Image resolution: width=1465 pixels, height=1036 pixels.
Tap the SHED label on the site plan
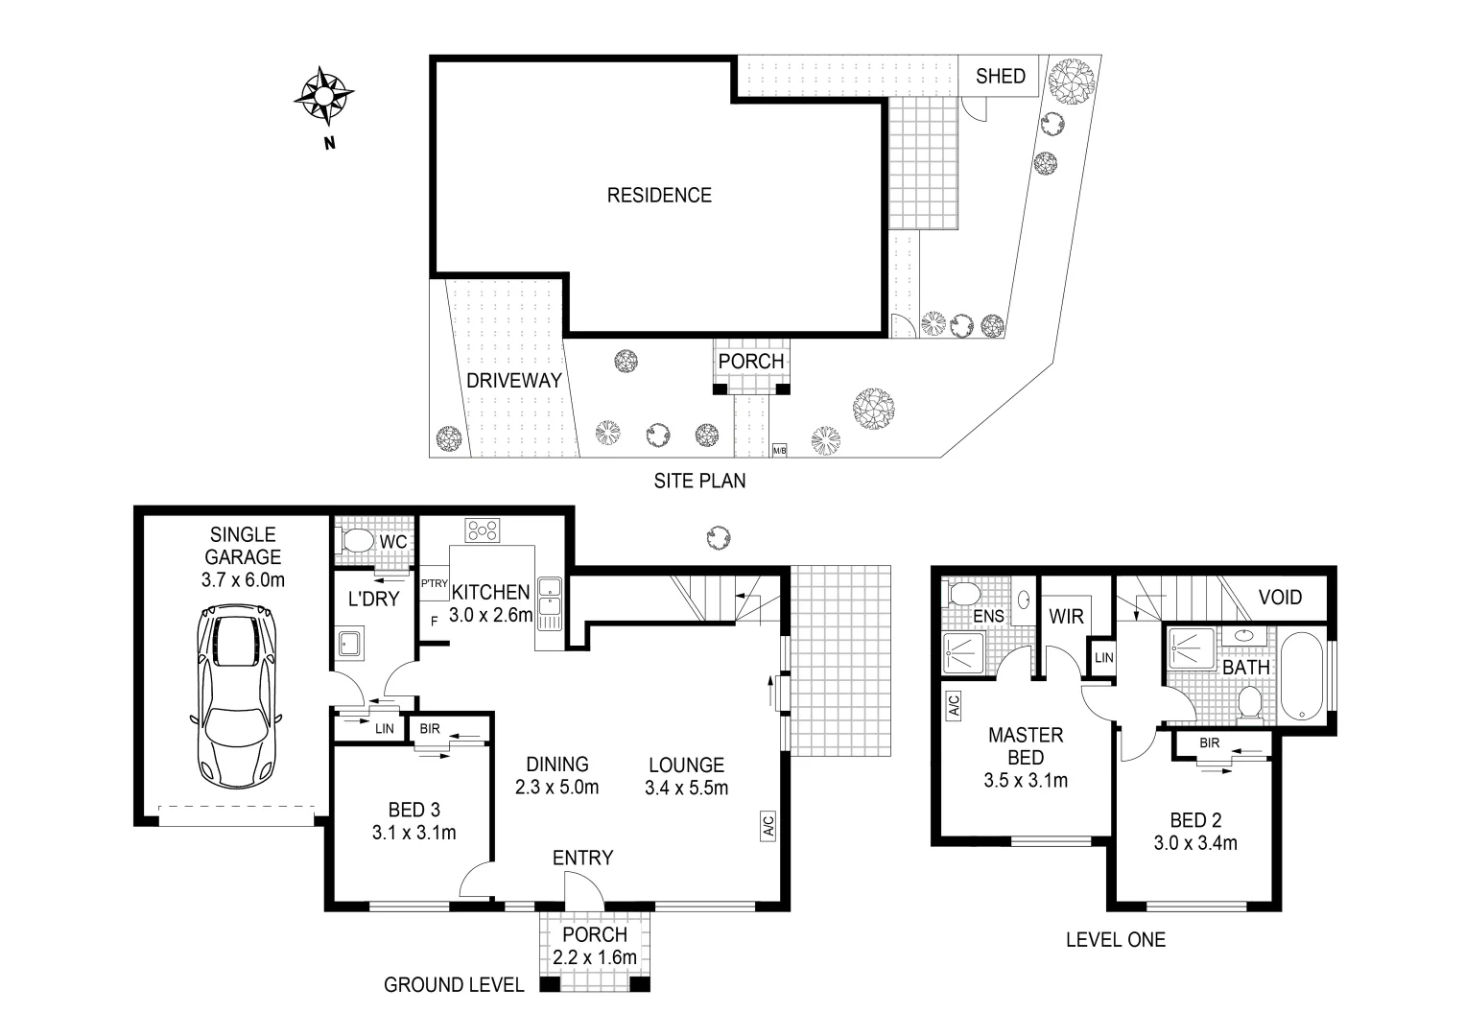(1000, 77)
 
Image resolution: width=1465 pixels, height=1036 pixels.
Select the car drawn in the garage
(236, 695)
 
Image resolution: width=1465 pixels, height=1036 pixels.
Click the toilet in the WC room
(356, 542)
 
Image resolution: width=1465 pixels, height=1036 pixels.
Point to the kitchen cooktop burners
(482, 530)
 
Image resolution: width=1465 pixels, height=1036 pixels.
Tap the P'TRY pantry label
(435, 583)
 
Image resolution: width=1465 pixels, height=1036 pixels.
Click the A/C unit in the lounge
(768, 827)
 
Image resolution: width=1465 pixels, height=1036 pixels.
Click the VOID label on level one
(1280, 598)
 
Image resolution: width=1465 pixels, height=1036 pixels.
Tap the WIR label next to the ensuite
(1066, 615)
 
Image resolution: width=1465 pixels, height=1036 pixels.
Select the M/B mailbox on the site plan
(779, 450)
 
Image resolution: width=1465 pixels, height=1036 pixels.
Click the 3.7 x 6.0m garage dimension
(243, 579)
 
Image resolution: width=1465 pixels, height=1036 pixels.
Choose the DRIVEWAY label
(513, 381)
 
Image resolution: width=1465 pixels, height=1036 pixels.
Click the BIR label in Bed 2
(1209, 742)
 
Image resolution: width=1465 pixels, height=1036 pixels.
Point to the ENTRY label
(582, 858)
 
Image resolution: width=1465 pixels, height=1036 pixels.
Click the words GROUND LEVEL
(454, 984)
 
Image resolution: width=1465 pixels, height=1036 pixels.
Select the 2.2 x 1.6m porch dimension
(595, 957)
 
